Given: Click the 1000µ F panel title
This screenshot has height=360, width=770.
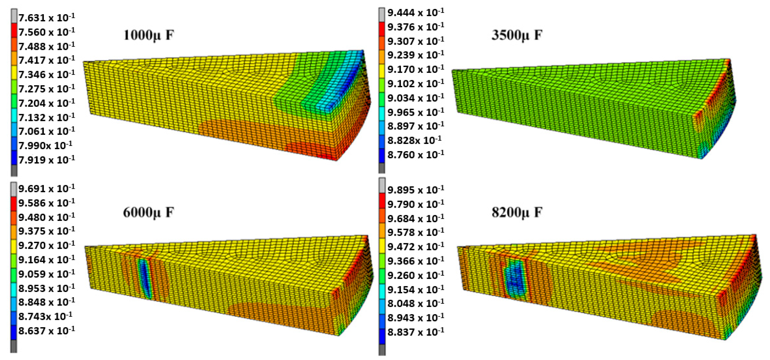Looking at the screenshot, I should pyautogui.click(x=149, y=36).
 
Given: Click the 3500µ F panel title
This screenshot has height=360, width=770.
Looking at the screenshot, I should pyautogui.click(x=517, y=36).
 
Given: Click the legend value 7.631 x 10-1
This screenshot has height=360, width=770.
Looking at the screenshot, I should pyautogui.click(x=46, y=18).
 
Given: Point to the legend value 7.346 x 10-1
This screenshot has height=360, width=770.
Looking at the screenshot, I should pyautogui.click(x=46, y=74).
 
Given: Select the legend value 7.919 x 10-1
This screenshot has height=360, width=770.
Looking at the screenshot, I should pyautogui.click(x=46, y=160).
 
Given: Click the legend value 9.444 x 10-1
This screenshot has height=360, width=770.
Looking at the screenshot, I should pyautogui.click(x=416, y=13).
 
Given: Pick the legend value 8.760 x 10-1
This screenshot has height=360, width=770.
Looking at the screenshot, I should pyautogui.click(x=416, y=155).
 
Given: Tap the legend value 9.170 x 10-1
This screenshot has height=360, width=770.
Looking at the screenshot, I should pyautogui.click(x=416, y=69).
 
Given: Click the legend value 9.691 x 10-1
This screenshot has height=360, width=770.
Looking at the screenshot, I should pyautogui.click(x=46, y=189).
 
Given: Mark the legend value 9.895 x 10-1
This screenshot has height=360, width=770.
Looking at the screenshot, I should pyautogui.click(x=416, y=190).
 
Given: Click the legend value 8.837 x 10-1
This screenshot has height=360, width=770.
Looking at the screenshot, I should pyautogui.click(x=416, y=332).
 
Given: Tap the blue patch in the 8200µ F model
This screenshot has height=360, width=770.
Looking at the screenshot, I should pyautogui.click(x=515, y=278).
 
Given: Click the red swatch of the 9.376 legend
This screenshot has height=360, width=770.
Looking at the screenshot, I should pyautogui.click(x=382, y=29).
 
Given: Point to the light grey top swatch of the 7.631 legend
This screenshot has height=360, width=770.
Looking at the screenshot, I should pyautogui.click(x=14, y=15).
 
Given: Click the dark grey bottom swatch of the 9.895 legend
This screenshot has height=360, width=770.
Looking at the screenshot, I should pyautogui.click(x=382, y=350).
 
